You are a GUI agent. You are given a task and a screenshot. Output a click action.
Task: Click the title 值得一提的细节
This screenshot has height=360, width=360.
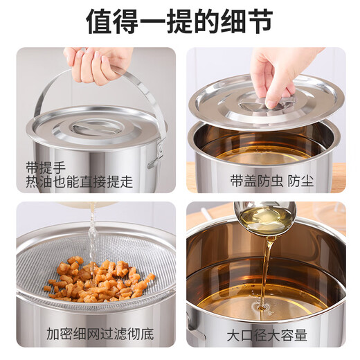179,22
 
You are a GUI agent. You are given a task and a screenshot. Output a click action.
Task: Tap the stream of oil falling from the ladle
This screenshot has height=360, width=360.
264,277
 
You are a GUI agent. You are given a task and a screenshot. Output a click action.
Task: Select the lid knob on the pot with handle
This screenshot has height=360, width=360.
94,127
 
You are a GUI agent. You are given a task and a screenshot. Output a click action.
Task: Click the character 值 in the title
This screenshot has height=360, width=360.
100,22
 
